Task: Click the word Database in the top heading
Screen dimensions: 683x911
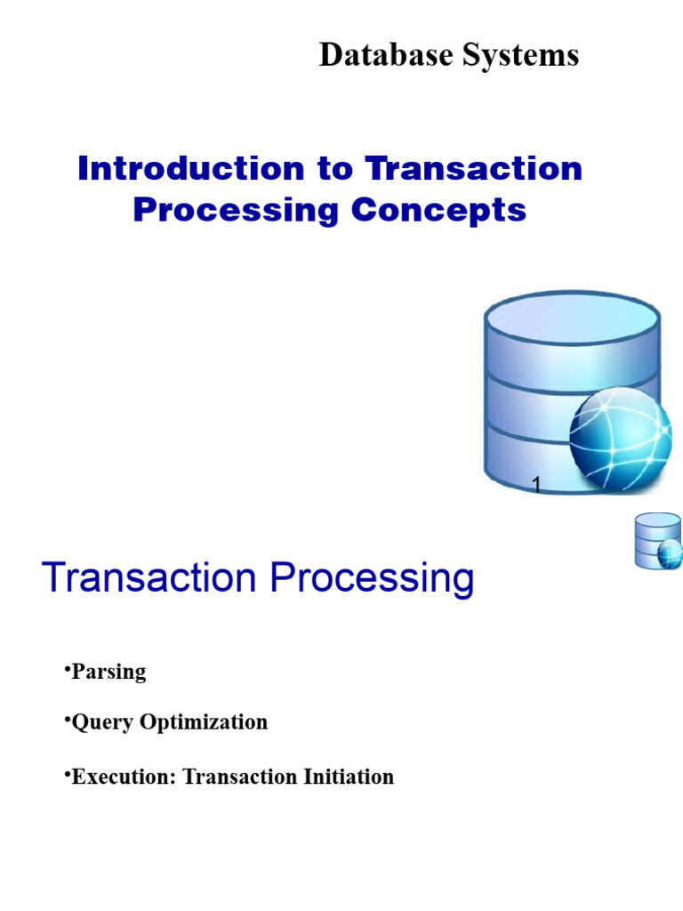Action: [x=386, y=55]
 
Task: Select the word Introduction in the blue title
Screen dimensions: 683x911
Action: [x=191, y=168]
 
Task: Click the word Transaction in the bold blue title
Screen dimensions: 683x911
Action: [x=473, y=168]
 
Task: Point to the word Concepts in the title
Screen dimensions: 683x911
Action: [x=438, y=211]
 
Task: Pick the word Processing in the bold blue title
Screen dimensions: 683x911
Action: [x=236, y=211]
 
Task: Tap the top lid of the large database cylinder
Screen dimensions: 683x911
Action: [x=572, y=319]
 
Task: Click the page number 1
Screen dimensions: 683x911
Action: [x=536, y=484]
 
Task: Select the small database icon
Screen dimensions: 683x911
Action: [x=657, y=540]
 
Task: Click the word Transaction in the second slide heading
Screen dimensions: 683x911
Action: [x=149, y=577]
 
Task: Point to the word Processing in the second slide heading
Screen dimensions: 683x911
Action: [x=373, y=579]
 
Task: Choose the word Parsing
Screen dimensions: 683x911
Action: [x=108, y=673]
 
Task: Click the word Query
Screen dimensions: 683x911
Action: [x=102, y=722]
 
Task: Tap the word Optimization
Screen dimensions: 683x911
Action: [x=204, y=722]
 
